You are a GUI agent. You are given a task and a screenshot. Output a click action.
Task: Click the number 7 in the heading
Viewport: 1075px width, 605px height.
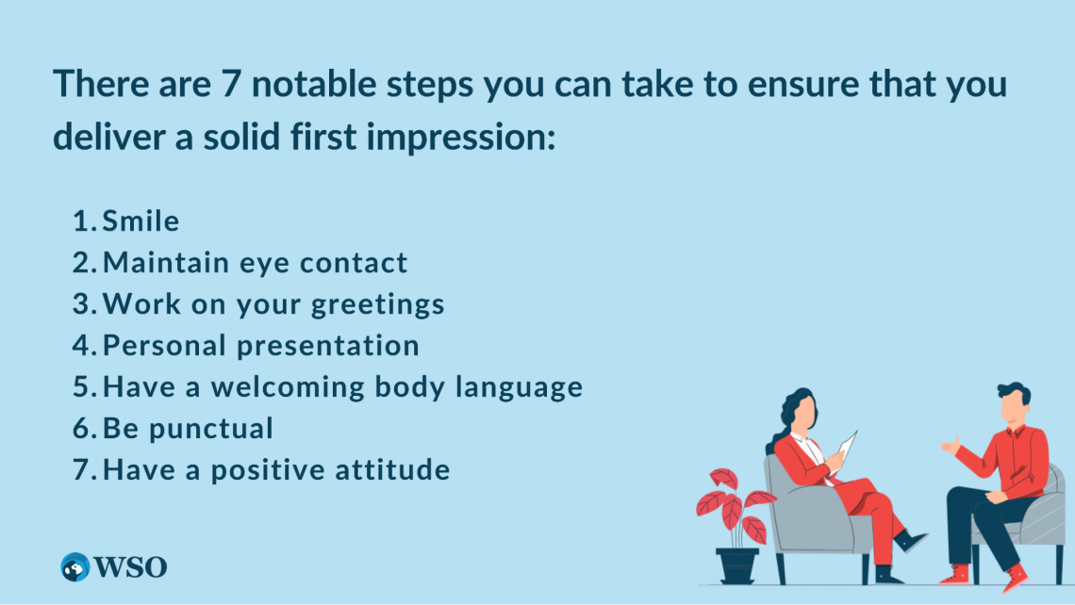pyautogui.click(x=231, y=84)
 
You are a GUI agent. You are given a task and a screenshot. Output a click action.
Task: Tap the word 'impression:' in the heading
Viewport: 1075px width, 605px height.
pyautogui.click(x=461, y=137)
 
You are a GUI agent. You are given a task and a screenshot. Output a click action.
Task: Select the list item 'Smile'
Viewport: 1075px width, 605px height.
pyautogui.click(x=141, y=221)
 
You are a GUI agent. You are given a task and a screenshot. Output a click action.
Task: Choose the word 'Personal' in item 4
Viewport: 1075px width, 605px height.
pyautogui.click(x=164, y=345)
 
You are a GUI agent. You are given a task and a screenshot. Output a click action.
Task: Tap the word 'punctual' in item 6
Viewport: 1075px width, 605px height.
pyautogui.click(x=211, y=429)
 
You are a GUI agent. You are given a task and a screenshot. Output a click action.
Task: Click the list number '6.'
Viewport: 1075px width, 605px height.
pyautogui.click(x=85, y=428)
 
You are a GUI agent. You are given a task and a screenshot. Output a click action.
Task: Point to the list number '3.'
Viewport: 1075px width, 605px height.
pyautogui.click(x=85, y=304)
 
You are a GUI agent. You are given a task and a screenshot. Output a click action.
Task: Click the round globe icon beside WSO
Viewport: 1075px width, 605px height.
pyautogui.click(x=75, y=567)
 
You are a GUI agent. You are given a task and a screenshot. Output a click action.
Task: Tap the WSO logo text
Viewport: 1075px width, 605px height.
pyautogui.click(x=130, y=567)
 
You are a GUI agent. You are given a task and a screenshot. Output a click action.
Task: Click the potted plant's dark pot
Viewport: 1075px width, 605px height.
pyautogui.click(x=737, y=566)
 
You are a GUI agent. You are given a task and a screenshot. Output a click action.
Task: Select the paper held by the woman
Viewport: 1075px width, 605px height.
pyautogui.click(x=848, y=446)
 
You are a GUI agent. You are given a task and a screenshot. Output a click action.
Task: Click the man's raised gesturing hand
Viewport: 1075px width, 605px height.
pyautogui.click(x=951, y=446)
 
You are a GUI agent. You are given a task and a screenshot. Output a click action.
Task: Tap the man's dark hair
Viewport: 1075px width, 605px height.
pyautogui.click(x=1015, y=393)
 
